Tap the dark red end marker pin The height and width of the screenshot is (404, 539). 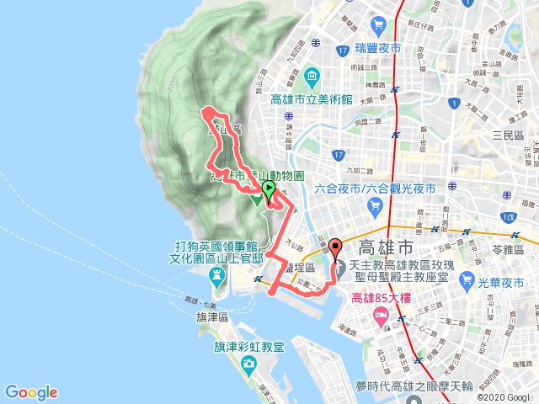[337, 249]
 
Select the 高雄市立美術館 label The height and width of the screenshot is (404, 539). [312, 99]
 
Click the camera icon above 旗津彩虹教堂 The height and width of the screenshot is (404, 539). [248, 364]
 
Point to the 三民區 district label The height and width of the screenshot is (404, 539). [509, 135]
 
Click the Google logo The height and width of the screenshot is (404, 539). [31, 392]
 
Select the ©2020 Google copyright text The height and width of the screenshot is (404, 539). [504, 397]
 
